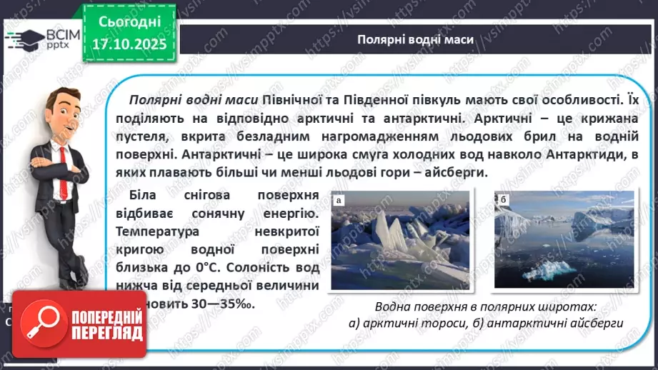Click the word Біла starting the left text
tap(145, 196)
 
